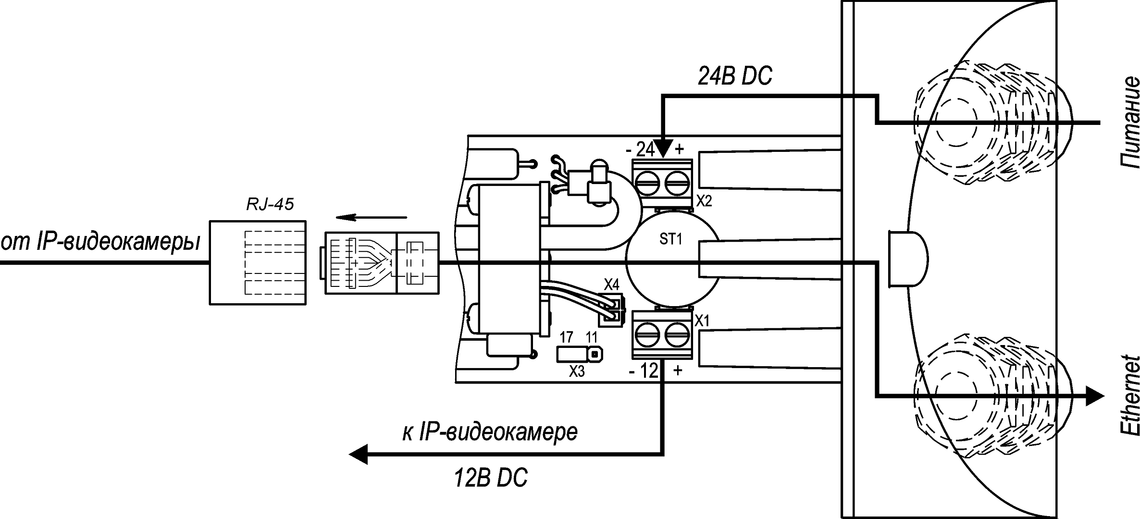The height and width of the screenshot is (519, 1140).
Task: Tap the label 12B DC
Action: [x=490, y=478]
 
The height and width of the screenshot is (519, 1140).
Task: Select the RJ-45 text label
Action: [x=270, y=205]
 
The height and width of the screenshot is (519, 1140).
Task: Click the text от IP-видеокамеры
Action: [x=100, y=243]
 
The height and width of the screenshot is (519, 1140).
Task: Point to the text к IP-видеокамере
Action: [x=490, y=432]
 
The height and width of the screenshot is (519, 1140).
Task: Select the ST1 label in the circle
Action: [x=670, y=239]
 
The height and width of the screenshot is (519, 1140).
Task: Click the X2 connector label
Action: [x=704, y=201]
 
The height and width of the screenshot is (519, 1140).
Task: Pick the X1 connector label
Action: [x=703, y=321]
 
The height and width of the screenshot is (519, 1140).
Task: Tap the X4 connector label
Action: [x=611, y=285]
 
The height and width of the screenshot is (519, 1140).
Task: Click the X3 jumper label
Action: [x=577, y=371]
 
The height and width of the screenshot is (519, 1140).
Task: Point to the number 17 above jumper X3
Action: [x=567, y=337]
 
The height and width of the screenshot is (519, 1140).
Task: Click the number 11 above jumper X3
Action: [x=592, y=337]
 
